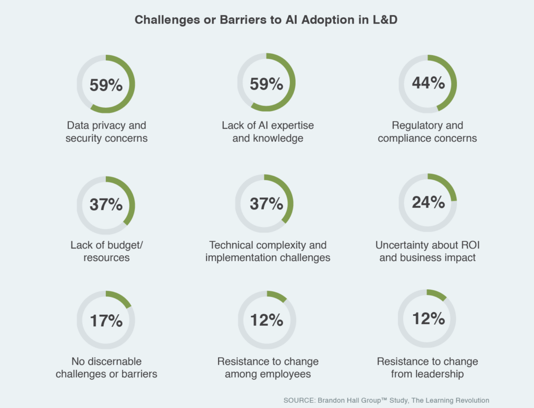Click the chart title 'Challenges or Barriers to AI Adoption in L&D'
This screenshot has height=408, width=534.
click(x=266, y=20)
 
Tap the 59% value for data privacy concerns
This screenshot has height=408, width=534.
click(x=106, y=84)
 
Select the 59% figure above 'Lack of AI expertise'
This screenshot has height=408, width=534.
click(x=266, y=83)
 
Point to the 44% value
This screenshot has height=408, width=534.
click(x=428, y=82)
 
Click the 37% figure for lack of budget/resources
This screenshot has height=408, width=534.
click(x=106, y=204)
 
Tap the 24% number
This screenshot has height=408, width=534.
click(x=428, y=202)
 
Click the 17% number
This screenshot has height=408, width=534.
click(x=106, y=320)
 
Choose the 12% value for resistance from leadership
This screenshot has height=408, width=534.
click(x=428, y=318)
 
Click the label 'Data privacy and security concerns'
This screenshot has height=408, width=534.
click(x=106, y=132)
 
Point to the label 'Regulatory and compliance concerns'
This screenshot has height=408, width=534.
click(x=427, y=132)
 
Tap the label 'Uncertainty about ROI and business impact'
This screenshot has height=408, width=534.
click(x=427, y=251)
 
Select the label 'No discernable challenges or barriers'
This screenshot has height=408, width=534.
click(x=106, y=367)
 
